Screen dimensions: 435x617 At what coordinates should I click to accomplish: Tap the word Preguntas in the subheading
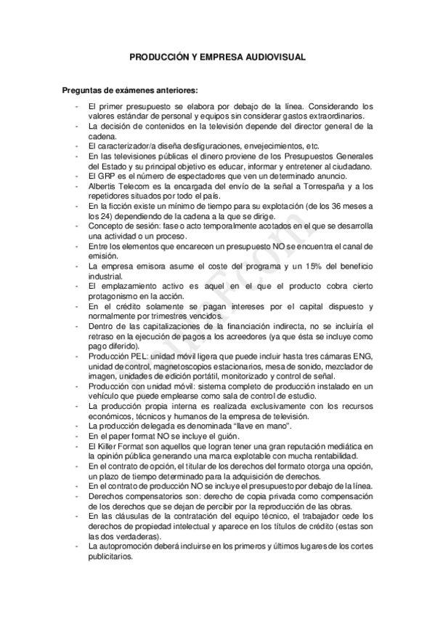pos(87,92)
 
